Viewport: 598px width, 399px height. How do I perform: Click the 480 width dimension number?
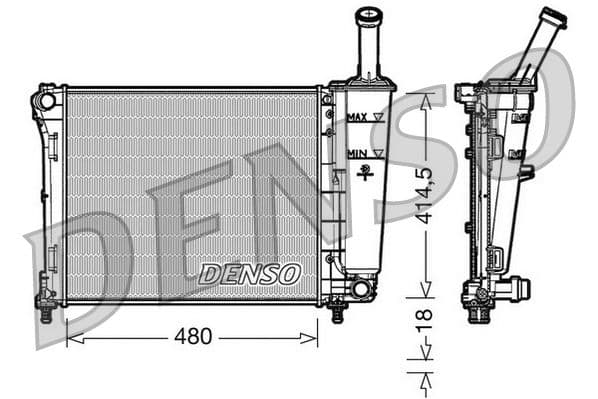coord(193,337)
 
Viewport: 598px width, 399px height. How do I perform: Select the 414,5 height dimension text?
coord(426,196)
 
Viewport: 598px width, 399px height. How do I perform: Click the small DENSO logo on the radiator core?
coord(249,273)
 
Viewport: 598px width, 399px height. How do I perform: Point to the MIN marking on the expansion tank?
coord(355,153)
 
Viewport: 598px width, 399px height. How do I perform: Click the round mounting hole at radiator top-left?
coord(45,101)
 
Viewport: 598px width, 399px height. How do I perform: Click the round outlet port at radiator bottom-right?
coord(361,289)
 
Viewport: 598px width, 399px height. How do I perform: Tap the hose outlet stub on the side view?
coord(517,290)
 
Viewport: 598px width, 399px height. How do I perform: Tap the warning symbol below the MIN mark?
coord(367,171)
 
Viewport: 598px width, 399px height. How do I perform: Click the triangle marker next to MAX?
coord(378,118)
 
